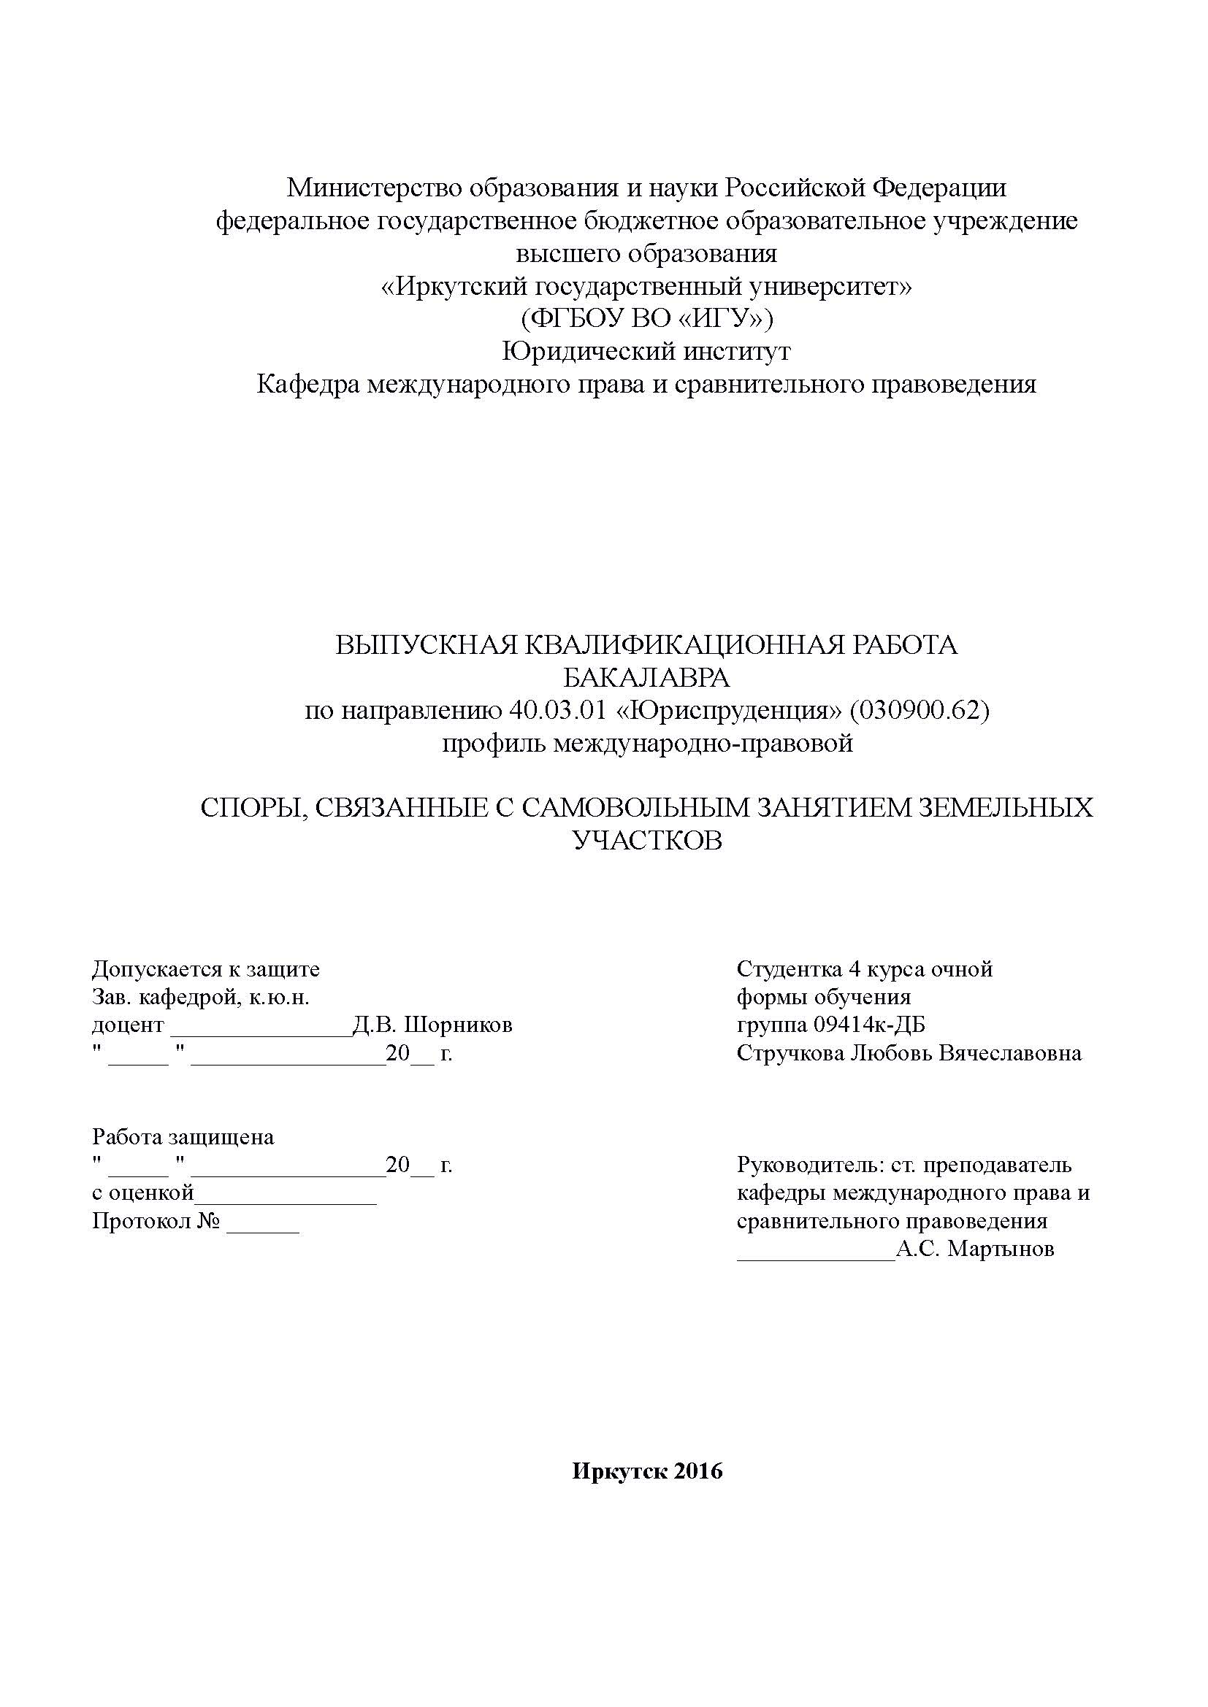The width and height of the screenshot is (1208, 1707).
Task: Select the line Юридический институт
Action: tap(646, 352)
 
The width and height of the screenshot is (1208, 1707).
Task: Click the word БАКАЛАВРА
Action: tap(646, 677)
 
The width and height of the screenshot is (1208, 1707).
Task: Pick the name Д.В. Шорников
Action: tap(432, 1025)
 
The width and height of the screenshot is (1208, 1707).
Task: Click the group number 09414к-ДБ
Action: tap(870, 1025)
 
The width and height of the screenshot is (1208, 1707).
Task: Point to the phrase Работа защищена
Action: tap(183, 1137)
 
